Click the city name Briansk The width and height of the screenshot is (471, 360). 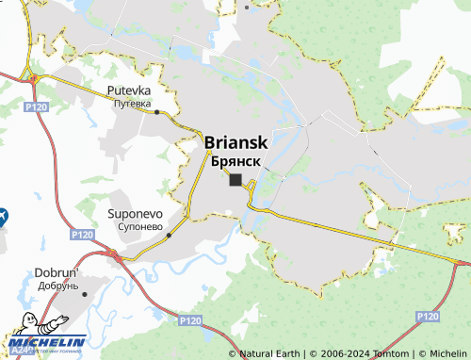[x=236, y=142]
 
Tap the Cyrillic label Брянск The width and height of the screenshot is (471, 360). [x=236, y=162]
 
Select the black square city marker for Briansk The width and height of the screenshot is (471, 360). [x=235, y=180]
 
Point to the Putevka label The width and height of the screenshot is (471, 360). [x=128, y=90]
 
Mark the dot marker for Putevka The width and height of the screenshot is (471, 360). [x=156, y=112]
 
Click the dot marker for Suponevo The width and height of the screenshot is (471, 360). [x=169, y=236]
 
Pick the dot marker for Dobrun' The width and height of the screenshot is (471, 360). [x=86, y=293]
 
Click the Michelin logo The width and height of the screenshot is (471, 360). [x=46, y=343]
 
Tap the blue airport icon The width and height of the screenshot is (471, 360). [x=3, y=216]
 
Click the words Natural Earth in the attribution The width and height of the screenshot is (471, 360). [x=269, y=353]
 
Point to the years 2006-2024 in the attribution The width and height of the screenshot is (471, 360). [x=342, y=353]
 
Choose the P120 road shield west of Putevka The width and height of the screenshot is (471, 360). [x=38, y=108]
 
